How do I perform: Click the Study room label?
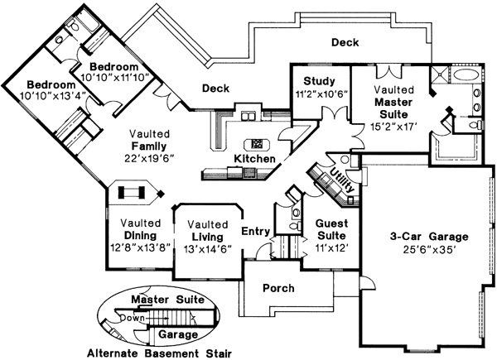click(318, 80)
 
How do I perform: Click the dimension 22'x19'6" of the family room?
click(149, 159)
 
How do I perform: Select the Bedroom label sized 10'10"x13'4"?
click(51, 85)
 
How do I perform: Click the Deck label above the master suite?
click(345, 42)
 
